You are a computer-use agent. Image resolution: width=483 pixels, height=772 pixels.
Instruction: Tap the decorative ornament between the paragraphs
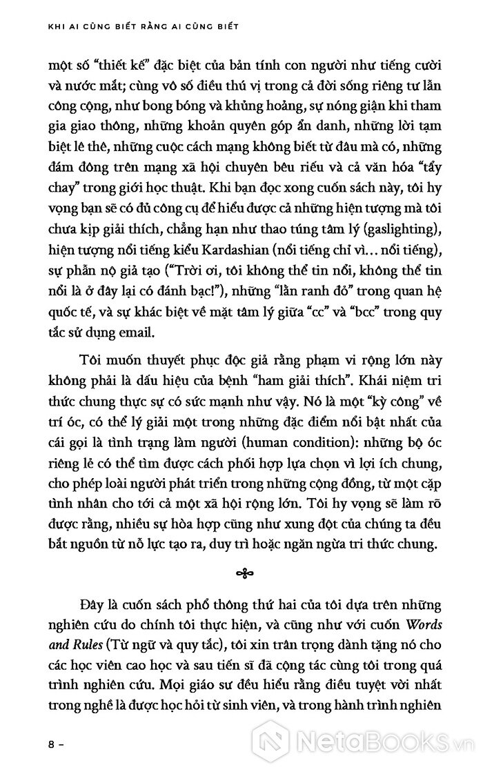coord(241,572)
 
